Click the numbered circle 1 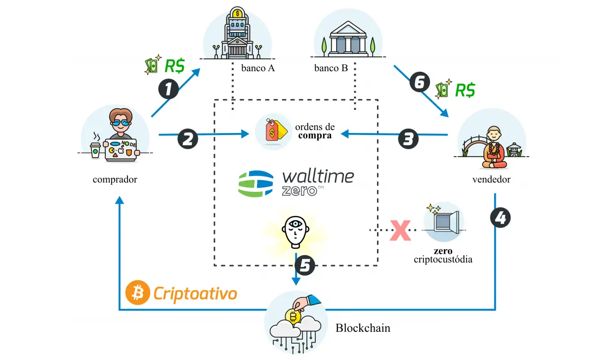pos(168,90)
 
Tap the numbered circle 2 pos(187,138)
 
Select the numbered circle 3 pos(408,139)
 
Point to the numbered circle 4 pos(500,218)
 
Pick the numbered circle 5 pos(304,266)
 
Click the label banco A pos(257,68)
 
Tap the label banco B pos(331,68)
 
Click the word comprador pos(115,179)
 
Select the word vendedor pos(491,179)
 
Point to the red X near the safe pos(400,230)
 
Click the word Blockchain pos(363,327)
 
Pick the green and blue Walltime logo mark pos(255,182)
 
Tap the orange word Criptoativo pos(195,293)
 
